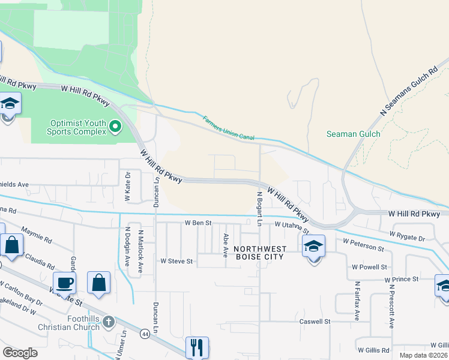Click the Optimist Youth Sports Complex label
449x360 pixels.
[77, 127]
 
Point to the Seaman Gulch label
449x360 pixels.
[353, 134]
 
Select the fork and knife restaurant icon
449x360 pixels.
[197, 347]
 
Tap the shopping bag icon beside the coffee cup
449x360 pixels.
[98, 284]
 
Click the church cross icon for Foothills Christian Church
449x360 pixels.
[108, 322]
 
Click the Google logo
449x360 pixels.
[20, 353]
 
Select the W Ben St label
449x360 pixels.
[198, 223]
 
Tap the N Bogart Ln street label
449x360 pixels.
[259, 209]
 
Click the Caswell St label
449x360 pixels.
[315, 322]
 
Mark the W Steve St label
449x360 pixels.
[176, 261]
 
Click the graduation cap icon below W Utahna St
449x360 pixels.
[313, 247]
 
